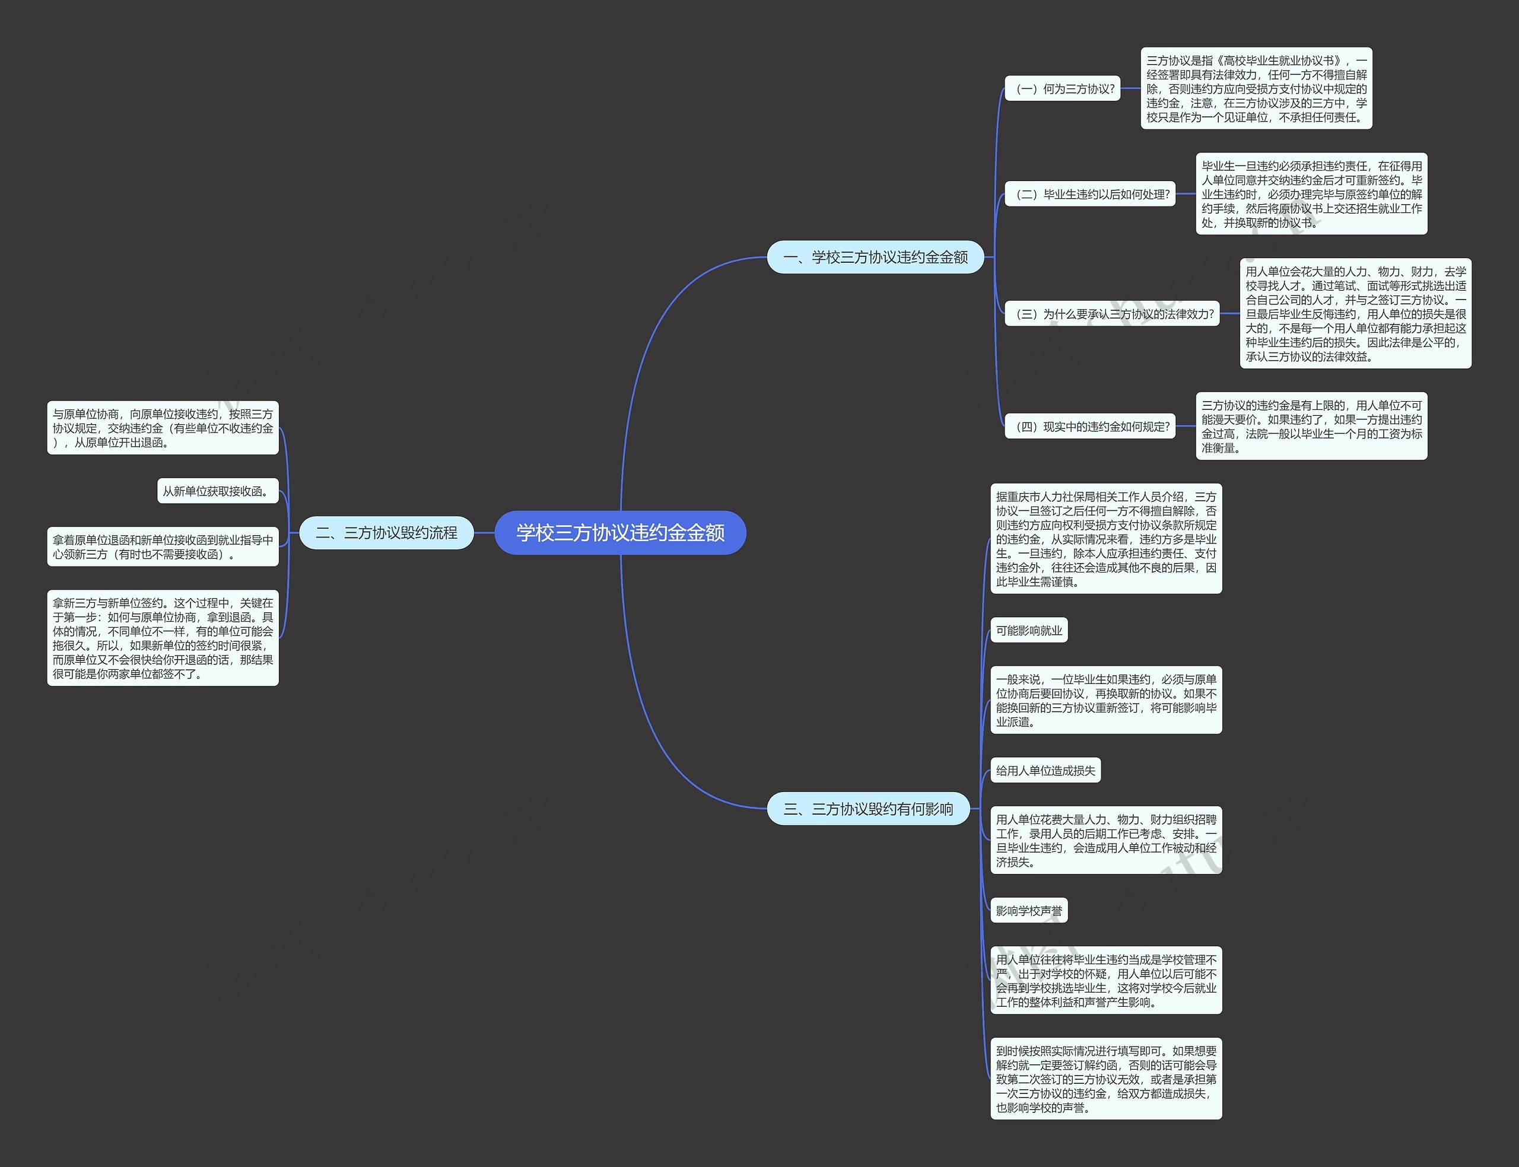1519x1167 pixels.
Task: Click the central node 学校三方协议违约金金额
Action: [x=619, y=533]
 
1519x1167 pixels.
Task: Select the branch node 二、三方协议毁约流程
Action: [x=386, y=533]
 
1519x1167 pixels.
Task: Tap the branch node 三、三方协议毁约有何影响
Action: [x=868, y=809]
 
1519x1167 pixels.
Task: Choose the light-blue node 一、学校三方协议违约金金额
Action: [x=875, y=257]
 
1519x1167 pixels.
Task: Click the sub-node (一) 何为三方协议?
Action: [x=1063, y=89]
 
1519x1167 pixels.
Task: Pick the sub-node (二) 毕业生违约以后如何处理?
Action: [x=1091, y=195]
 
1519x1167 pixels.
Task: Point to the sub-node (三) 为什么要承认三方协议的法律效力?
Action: [x=1112, y=314]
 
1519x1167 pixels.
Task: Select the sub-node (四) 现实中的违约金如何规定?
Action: [x=1091, y=427]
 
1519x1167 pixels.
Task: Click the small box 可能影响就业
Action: [x=1029, y=631]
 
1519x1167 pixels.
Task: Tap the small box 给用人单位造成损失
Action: [x=1045, y=770]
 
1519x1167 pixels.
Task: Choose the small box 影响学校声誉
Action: [x=1029, y=911]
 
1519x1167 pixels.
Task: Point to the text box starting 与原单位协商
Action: [x=163, y=428]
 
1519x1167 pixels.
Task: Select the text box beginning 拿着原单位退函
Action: [x=163, y=546]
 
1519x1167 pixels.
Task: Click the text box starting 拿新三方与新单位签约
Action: [x=163, y=638]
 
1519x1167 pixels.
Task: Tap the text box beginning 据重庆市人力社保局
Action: [x=1106, y=539]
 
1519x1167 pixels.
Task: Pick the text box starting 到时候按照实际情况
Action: [x=1106, y=1079]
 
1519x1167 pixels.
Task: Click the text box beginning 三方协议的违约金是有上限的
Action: [x=1311, y=426]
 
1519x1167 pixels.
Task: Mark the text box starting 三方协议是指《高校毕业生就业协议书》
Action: [x=1256, y=89]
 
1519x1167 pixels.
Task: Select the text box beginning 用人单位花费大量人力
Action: [x=1106, y=841]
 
